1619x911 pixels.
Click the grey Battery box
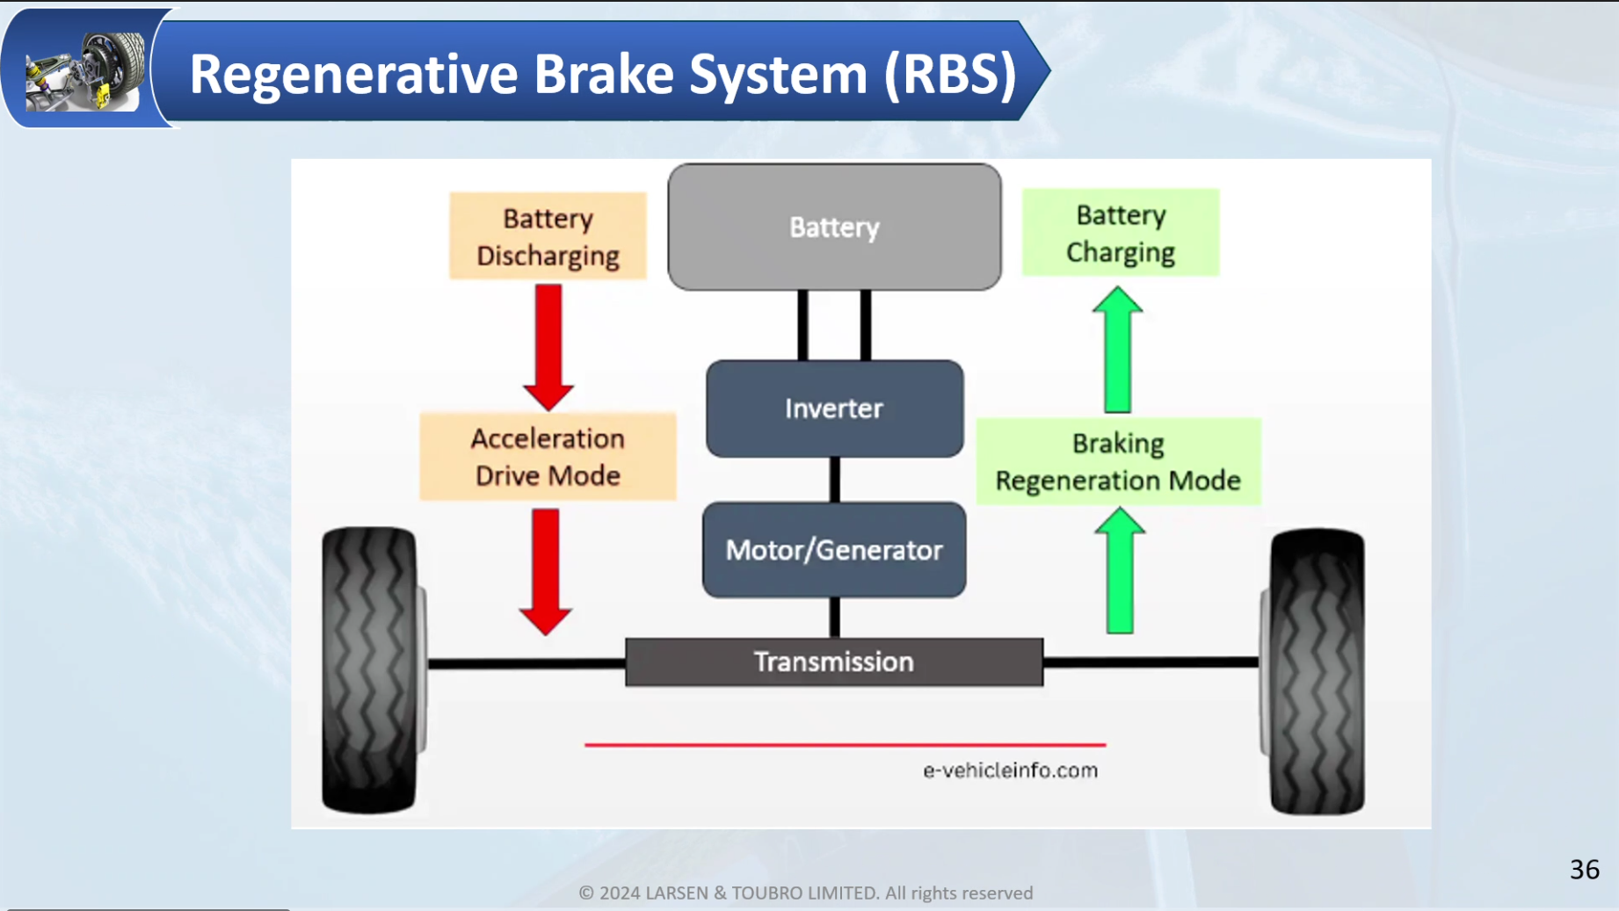pos(834,227)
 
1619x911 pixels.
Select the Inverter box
pos(834,409)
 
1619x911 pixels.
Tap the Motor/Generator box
pos(834,550)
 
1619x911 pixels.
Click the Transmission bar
pos(834,662)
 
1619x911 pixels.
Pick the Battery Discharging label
pos(548,236)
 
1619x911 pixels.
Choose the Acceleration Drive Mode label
pos(548,457)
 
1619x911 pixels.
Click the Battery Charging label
pos(1121,233)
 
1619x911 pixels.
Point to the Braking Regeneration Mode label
pos(1118,461)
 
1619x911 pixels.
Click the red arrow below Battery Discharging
pos(548,347)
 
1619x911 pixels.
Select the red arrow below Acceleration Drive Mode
pos(546,572)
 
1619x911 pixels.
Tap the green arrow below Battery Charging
pos(1117,349)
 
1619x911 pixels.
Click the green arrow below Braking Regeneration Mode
pos(1120,570)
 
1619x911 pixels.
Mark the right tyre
pos(1314,671)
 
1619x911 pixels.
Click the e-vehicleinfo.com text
pos(1010,770)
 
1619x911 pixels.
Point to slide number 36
pos(1585,870)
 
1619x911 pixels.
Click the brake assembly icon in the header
pos(85,71)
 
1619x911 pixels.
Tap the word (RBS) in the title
pos(950,74)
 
